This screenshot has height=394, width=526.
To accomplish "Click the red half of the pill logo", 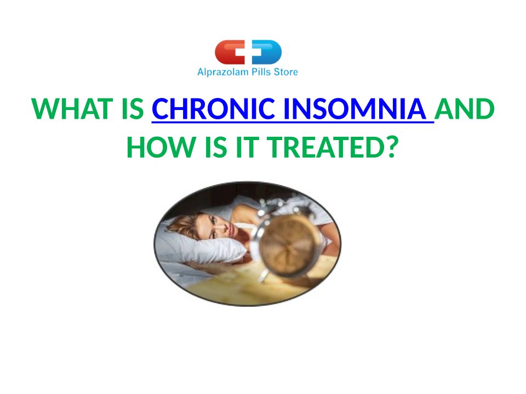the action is click(x=230, y=52).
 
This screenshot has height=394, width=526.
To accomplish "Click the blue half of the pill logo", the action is click(x=267, y=52).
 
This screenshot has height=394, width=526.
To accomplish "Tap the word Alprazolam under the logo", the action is click(x=223, y=72).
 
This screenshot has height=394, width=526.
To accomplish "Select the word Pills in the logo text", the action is click(x=261, y=72).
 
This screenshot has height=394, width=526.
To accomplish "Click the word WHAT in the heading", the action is click(x=72, y=109).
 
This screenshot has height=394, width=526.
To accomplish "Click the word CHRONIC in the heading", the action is click(x=213, y=109).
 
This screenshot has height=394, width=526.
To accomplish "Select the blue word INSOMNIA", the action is click(x=355, y=109).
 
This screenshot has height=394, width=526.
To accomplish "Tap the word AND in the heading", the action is click(x=464, y=109).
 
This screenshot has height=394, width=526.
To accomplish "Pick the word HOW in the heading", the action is click(x=161, y=147).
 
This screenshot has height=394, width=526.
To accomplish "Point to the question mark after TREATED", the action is click(x=392, y=147).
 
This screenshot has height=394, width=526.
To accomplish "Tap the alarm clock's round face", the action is click(x=288, y=245).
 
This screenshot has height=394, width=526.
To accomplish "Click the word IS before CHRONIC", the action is click(x=133, y=109).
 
